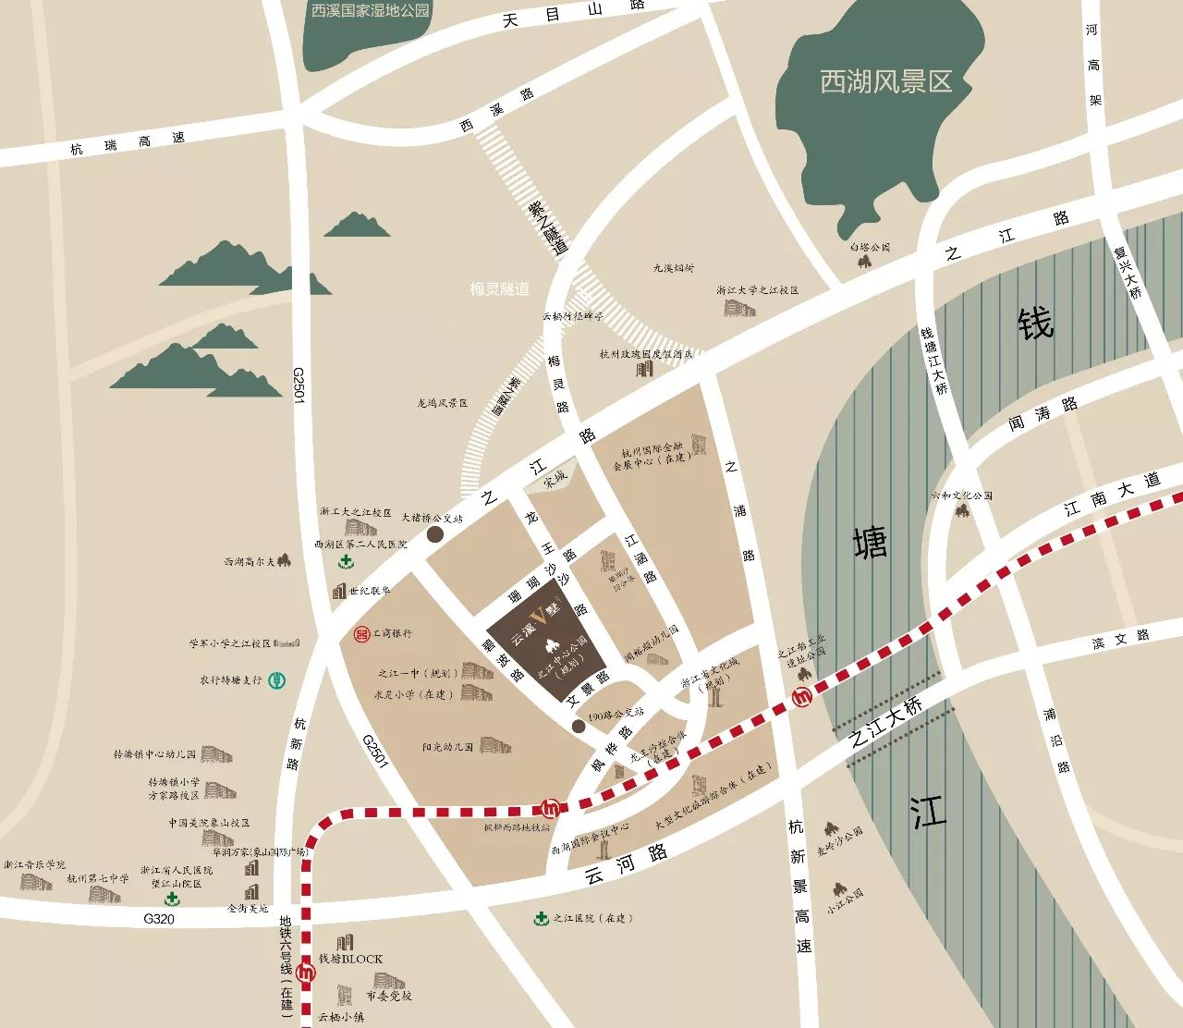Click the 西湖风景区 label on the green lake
885,82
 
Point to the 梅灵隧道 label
499,289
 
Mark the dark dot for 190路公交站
578,727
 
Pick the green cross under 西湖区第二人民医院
345,562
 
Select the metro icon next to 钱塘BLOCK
308,972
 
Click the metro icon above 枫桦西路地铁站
551,806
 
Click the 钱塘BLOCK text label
350,959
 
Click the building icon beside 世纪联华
339,591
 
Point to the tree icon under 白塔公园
865,261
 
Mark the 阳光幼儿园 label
447,746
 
